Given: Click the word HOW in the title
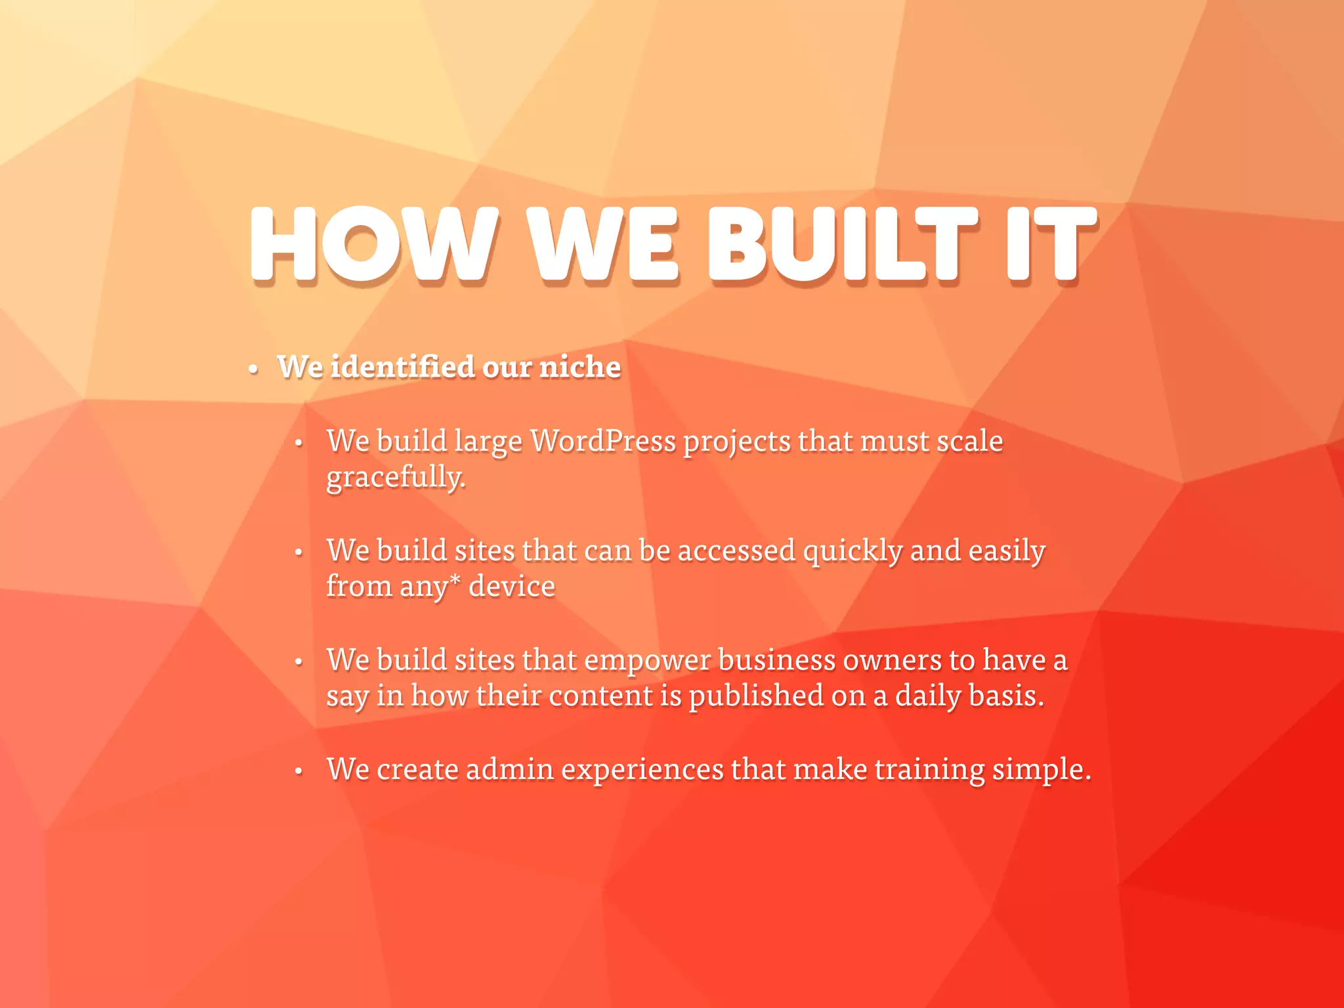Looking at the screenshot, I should pyautogui.click(x=374, y=244).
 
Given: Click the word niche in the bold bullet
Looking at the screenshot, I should pyautogui.click(x=579, y=367).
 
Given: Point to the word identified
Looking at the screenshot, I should pyautogui.click(x=402, y=367).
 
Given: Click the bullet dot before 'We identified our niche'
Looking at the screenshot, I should pyautogui.click(x=253, y=370).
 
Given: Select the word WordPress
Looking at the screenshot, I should pyautogui.click(x=602, y=441).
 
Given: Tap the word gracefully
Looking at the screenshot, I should pyautogui.click(x=395, y=478).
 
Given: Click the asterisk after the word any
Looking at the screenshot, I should pyautogui.click(x=455, y=581).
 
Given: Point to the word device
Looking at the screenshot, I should pyautogui.click(x=511, y=587).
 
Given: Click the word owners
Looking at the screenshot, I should pyautogui.click(x=892, y=660).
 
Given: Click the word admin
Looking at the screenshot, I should pyautogui.click(x=509, y=769).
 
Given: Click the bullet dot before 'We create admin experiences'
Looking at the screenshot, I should pyautogui.click(x=299, y=771).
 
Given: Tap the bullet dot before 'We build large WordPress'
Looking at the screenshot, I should pyautogui.click(x=299, y=444).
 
